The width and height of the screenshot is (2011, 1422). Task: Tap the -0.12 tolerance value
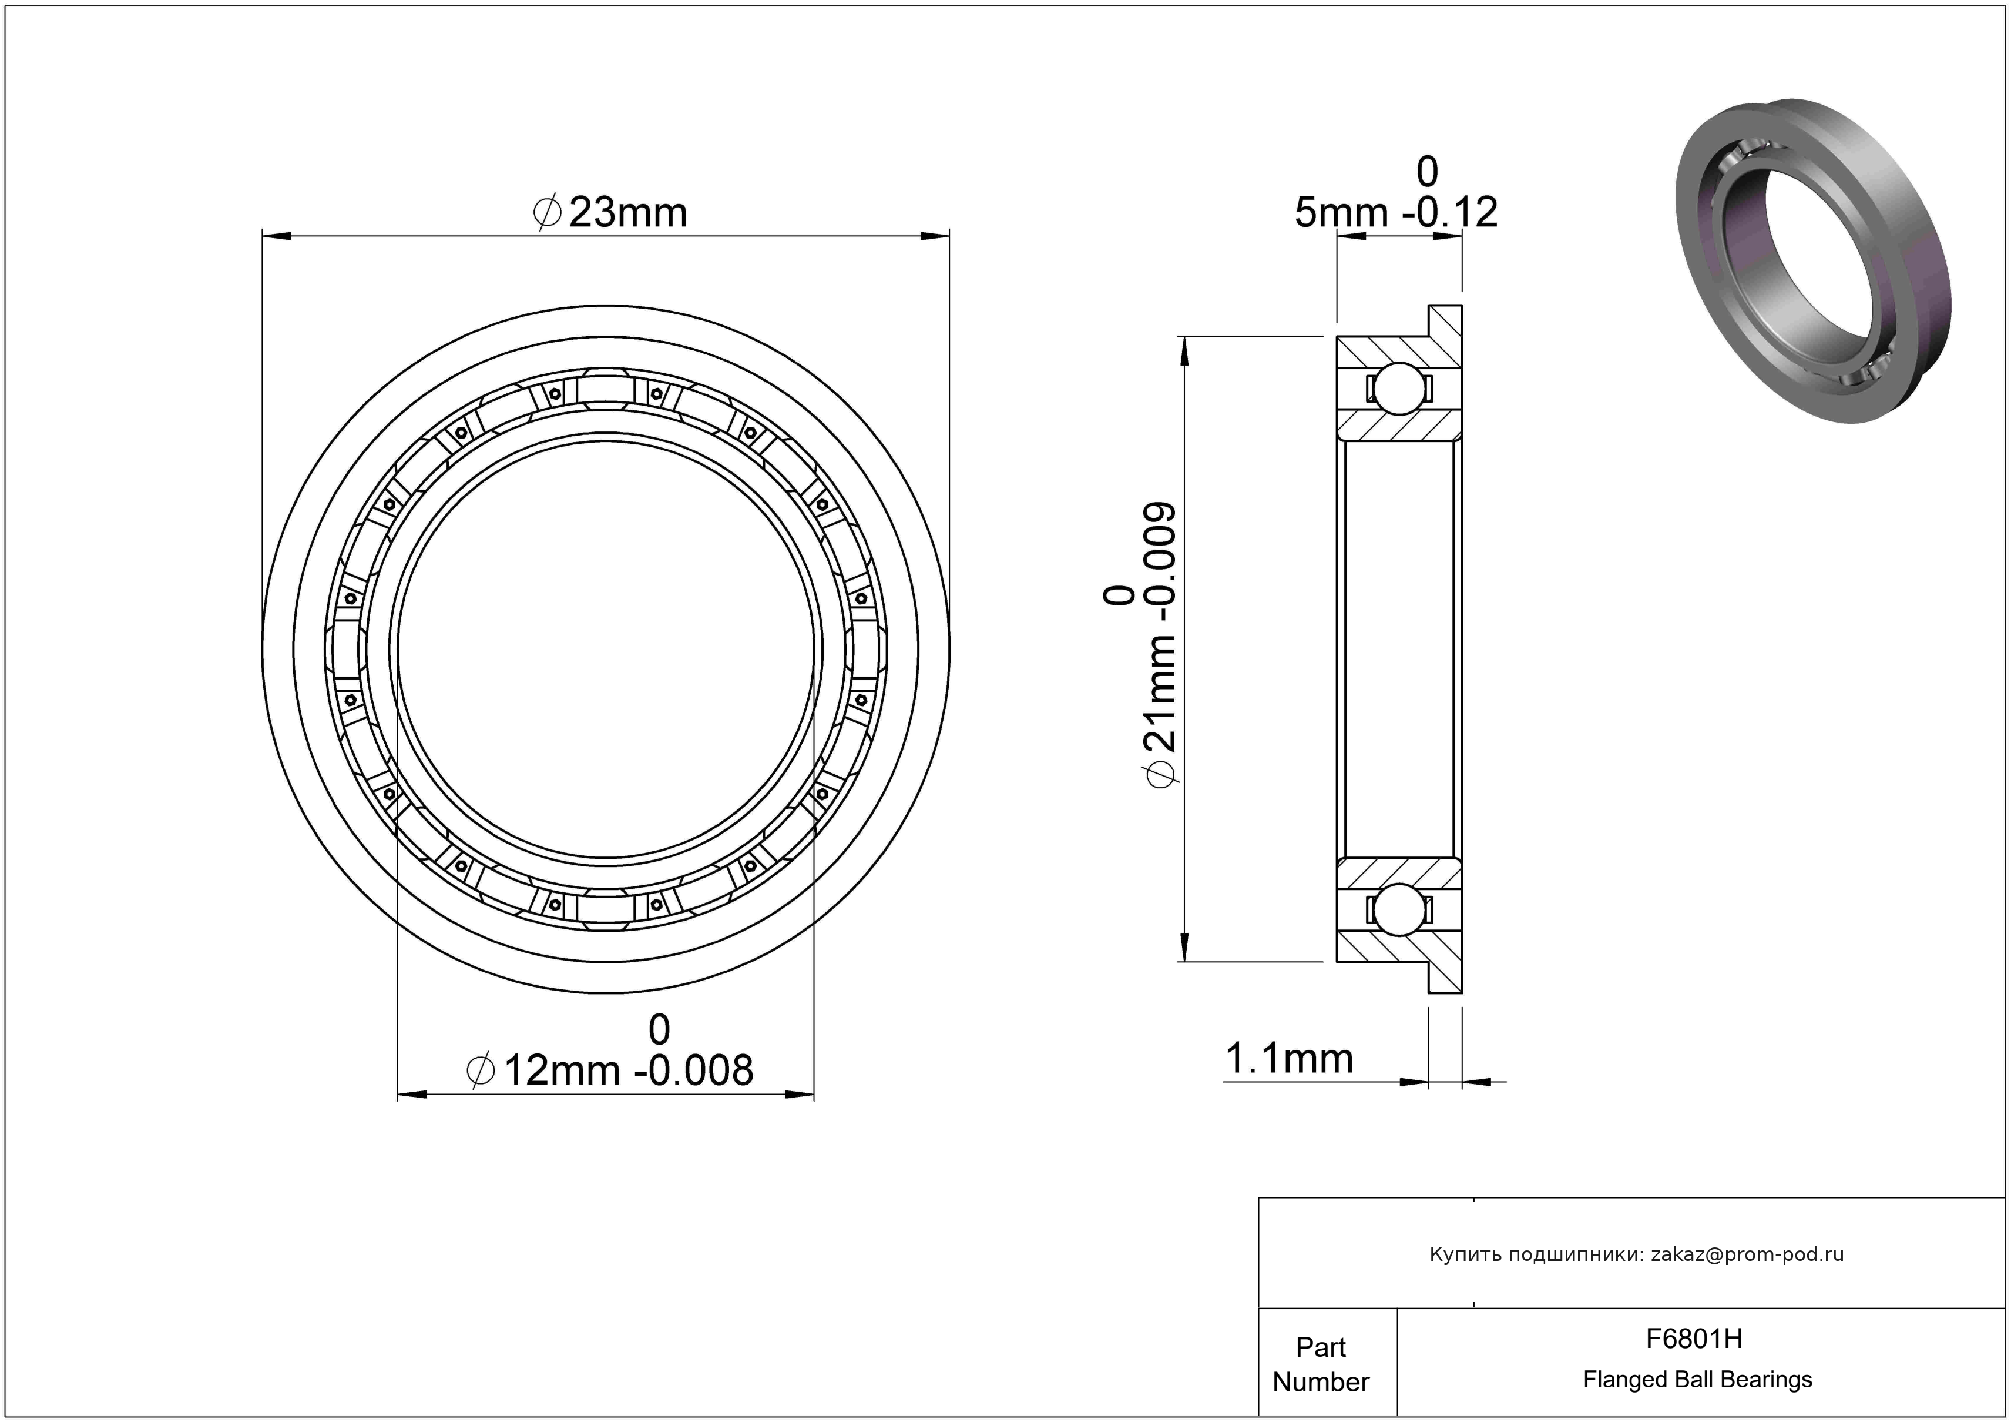tap(1451, 213)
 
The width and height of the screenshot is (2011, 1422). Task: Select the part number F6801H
tap(1694, 1339)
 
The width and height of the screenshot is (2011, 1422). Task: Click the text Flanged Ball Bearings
tap(1697, 1380)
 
